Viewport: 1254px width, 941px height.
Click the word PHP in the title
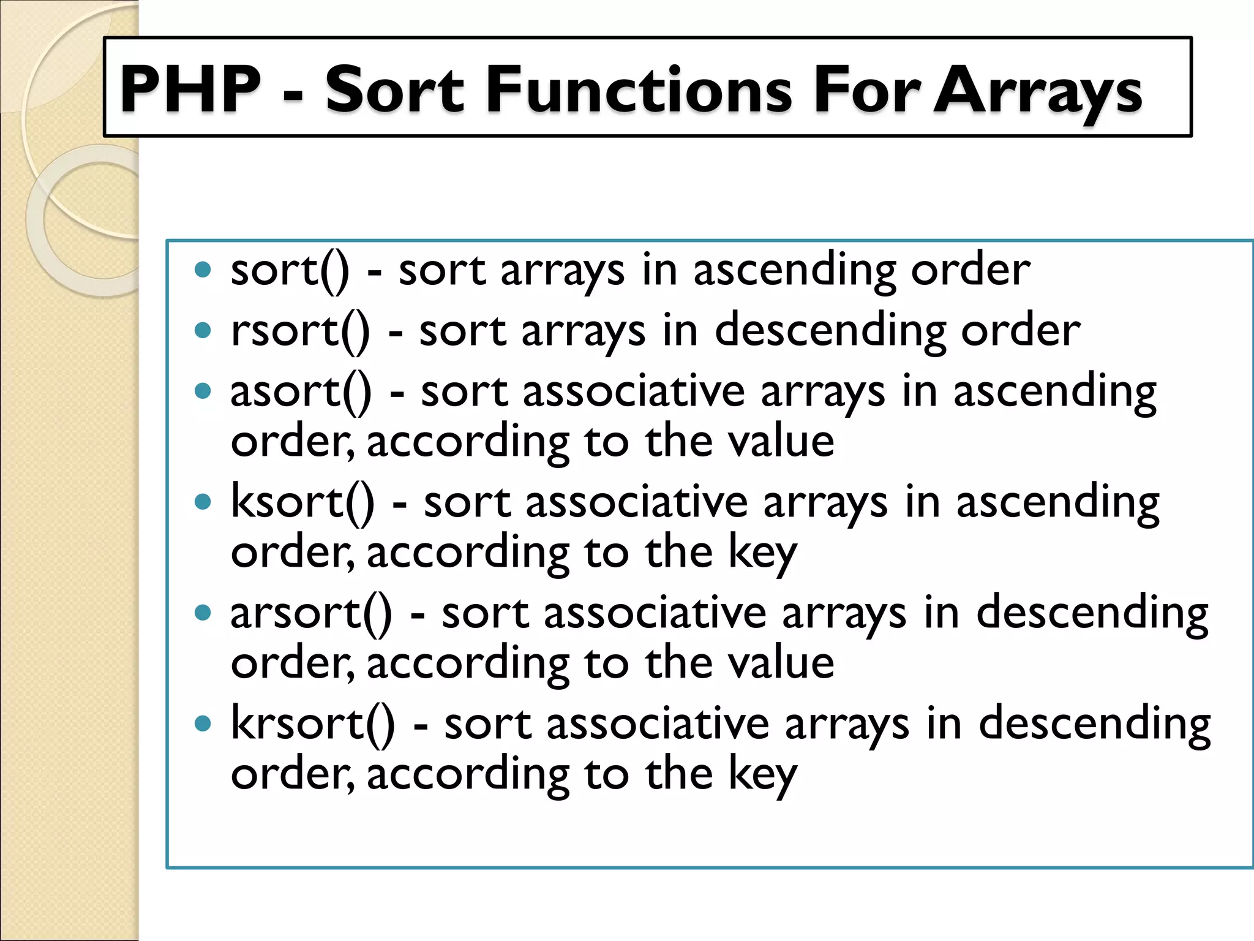190,89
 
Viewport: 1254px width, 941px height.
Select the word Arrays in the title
1037,91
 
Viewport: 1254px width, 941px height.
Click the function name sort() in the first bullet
290,270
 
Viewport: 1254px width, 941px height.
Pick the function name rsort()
300,331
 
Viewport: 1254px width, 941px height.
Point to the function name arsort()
311,613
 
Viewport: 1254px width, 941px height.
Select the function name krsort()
313,724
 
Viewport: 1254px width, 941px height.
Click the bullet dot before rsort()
203,331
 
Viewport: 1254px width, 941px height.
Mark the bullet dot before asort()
203,391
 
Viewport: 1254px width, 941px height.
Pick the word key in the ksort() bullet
762,553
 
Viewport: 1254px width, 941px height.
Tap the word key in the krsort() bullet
762,774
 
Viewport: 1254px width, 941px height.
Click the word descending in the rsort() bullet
830,331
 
